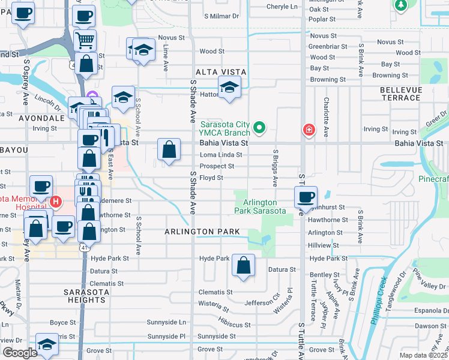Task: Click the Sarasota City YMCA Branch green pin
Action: tap(259, 127)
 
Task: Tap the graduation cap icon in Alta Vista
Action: tap(229, 88)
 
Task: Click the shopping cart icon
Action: tap(85, 41)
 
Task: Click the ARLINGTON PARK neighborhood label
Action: tap(203, 232)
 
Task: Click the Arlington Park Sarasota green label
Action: tap(260, 206)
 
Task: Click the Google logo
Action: tap(20, 353)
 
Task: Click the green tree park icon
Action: tap(400, 5)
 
